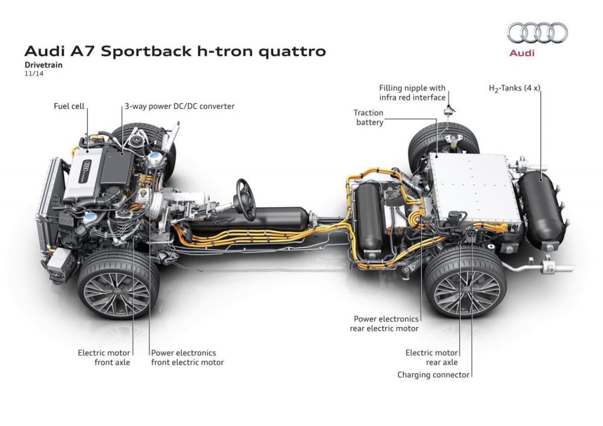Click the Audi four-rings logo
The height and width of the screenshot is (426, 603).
click(x=537, y=33)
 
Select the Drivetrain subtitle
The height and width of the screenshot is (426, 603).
click(x=44, y=65)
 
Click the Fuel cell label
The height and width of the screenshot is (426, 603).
click(x=69, y=107)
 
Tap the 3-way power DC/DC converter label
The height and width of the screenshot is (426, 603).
click(x=179, y=107)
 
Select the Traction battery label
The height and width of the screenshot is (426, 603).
click(x=368, y=117)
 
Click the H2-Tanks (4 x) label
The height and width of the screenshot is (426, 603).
click(x=514, y=88)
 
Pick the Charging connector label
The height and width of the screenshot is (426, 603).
click(x=433, y=374)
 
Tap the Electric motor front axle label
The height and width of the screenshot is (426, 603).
click(x=104, y=358)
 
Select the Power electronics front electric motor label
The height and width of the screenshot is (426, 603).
click(x=187, y=358)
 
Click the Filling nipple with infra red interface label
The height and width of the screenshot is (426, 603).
click(x=412, y=93)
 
